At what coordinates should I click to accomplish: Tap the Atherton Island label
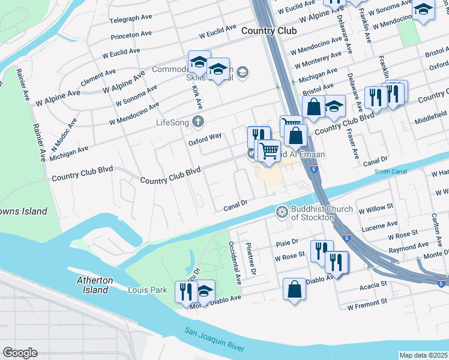[92, 285]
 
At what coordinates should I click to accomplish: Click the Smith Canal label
[391, 172]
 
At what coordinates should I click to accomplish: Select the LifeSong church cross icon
[199, 122]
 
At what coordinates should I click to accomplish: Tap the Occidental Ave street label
[235, 263]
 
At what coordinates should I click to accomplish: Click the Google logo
[20, 353]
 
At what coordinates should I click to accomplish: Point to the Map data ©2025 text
[423, 355]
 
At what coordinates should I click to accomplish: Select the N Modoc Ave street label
[64, 128]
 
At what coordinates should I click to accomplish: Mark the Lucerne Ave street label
[384, 224]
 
